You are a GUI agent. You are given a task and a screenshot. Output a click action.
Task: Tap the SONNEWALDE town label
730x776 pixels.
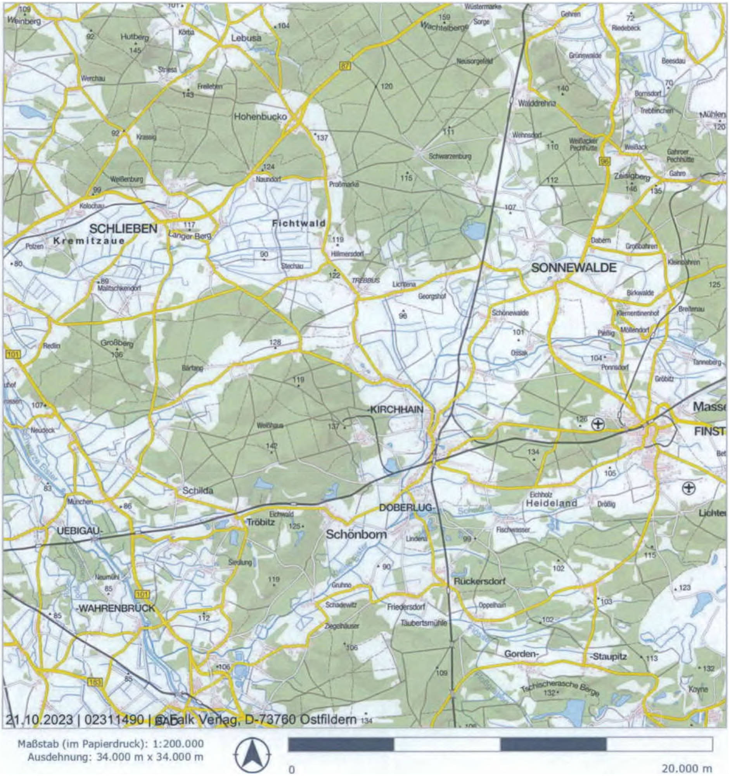pyautogui.click(x=574, y=268)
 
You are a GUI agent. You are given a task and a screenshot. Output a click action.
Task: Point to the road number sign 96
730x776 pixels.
pyautogui.click(x=605, y=161)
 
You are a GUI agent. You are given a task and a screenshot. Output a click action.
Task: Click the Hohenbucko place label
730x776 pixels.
pyautogui.click(x=260, y=117)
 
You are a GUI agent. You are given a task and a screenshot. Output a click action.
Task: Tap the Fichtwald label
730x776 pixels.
pyautogui.click(x=299, y=223)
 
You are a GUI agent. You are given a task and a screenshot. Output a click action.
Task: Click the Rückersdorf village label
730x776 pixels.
pyautogui.click(x=479, y=581)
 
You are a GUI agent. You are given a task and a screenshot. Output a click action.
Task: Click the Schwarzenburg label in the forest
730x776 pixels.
pyautogui.click(x=450, y=156)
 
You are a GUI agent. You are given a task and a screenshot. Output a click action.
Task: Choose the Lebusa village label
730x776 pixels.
pyautogui.click(x=246, y=38)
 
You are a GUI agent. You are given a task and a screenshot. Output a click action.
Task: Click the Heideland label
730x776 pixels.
pyautogui.click(x=551, y=503)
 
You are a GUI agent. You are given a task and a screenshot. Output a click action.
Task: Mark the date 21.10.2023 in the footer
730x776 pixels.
pyautogui.click(x=40, y=719)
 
